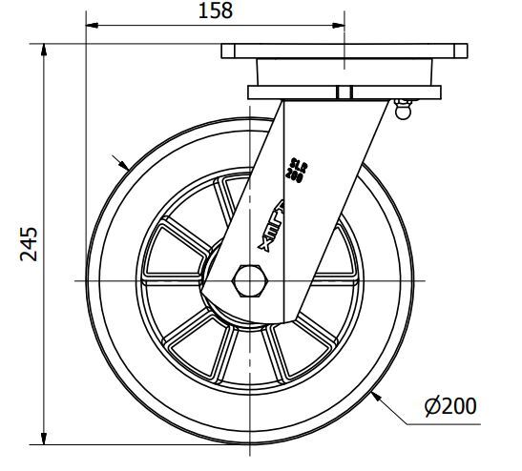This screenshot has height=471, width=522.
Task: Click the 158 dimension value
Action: [215, 11]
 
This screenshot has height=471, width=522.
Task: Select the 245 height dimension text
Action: [29, 243]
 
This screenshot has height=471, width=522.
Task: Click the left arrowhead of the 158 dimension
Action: [92, 22]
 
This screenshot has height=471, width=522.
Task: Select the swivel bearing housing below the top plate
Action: [345, 73]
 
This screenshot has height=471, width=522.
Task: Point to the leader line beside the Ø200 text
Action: [406, 420]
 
